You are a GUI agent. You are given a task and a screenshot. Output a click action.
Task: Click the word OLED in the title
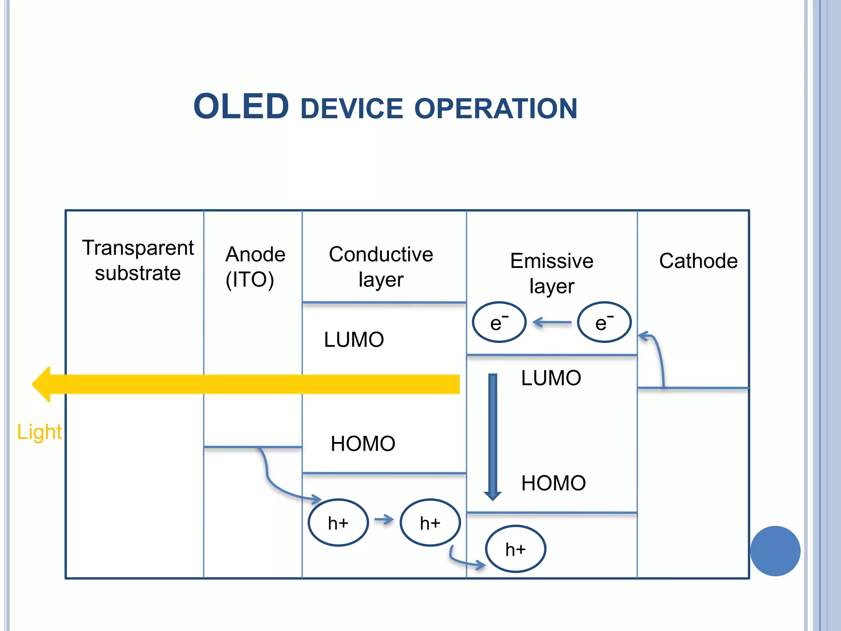click(241, 107)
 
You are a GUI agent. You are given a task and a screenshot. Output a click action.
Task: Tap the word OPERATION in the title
click(496, 109)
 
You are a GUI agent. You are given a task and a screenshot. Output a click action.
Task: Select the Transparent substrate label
click(138, 260)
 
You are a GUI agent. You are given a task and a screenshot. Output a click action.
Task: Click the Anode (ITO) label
click(255, 267)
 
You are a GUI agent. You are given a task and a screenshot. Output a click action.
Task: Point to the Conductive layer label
click(381, 267)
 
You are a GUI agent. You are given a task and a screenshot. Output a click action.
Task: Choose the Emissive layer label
click(551, 273)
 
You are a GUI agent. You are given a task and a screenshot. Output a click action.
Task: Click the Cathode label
click(698, 261)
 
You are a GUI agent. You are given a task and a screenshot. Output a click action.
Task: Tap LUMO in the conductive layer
click(354, 340)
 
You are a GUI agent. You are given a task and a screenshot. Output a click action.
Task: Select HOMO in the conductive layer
click(363, 444)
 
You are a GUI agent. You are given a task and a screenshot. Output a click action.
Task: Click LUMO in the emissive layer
click(551, 378)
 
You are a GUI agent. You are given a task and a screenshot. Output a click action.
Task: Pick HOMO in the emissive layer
click(553, 483)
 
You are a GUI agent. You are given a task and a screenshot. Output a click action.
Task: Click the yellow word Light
click(39, 432)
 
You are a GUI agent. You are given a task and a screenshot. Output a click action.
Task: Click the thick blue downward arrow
click(493, 435)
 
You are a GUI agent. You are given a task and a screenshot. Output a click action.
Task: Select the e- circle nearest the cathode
click(604, 322)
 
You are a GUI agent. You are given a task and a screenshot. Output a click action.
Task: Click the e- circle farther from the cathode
click(499, 322)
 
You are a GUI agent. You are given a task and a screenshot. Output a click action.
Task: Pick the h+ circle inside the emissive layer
click(515, 549)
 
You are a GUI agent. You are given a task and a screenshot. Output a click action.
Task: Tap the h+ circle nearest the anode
click(338, 523)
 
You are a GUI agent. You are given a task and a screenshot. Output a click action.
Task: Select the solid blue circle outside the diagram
click(775, 551)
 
